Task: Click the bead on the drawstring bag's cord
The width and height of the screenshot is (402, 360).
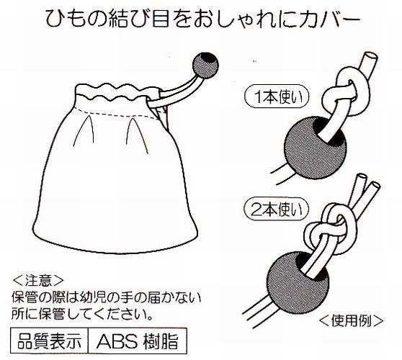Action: pos(205,65)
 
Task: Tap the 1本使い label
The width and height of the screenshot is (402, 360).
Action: pos(277,97)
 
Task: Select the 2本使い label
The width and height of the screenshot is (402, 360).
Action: pos(276,210)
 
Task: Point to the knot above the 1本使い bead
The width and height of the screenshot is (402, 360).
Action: pos(346,92)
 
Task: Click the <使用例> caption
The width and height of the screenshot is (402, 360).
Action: pos(351,320)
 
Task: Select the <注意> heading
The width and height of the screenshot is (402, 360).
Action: pos(38,281)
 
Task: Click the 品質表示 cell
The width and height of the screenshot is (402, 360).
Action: pos(50,341)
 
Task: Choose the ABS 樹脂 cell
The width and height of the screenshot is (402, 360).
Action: pos(137,341)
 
